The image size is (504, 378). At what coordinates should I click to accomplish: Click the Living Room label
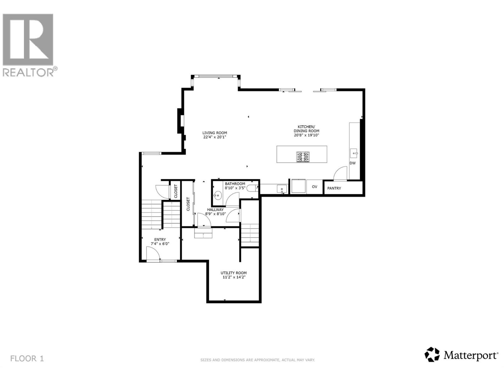[215, 133]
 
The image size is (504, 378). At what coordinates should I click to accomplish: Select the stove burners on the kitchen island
[302, 157]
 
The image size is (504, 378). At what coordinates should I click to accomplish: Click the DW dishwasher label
[352, 163]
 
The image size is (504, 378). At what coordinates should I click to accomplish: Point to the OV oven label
[314, 187]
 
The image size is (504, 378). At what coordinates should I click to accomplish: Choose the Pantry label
[334, 188]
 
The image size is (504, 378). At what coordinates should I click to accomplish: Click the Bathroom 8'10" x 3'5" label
[235, 186]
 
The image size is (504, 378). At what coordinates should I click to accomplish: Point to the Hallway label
[215, 212]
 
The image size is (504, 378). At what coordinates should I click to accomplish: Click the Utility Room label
[233, 275]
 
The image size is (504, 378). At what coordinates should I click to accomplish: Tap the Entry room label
[160, 242]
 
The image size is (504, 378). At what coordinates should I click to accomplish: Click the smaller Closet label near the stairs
[176, 191]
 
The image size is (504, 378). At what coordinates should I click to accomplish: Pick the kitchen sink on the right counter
[354, 154]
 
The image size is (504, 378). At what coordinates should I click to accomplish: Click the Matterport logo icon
[432, 355]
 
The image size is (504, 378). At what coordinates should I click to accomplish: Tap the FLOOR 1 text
[27, 358]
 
